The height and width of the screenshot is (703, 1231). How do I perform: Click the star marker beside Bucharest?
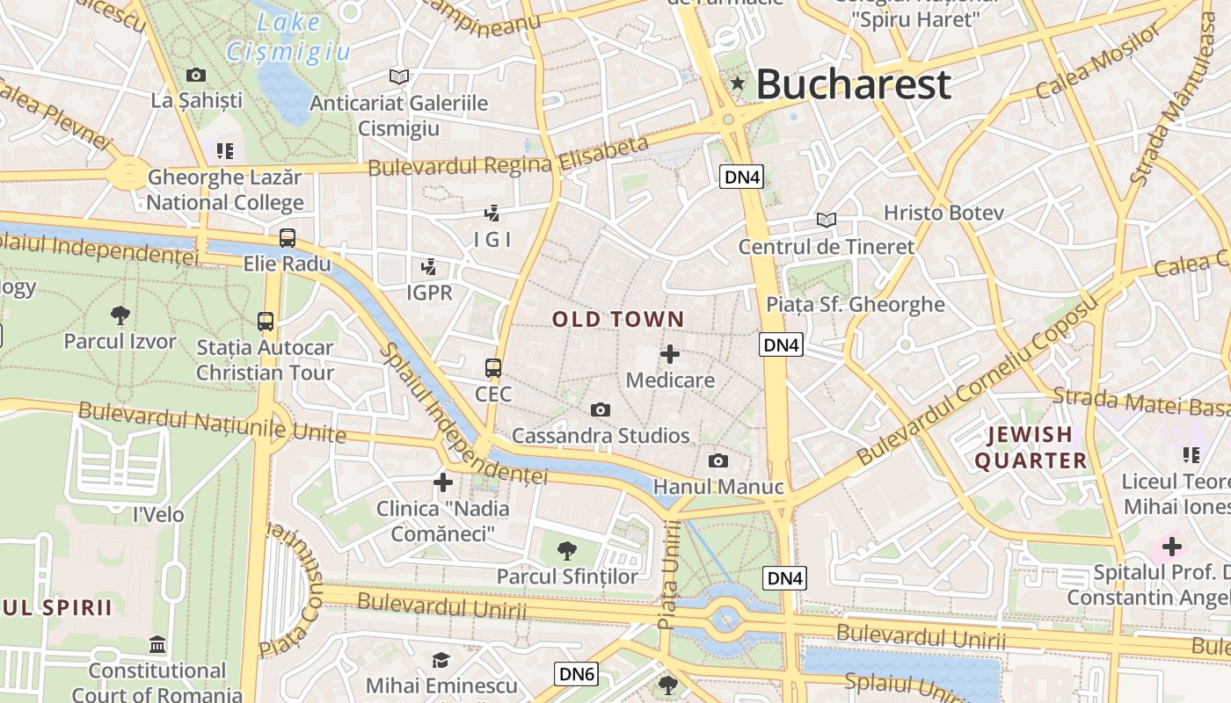pyautogui.click(x=738, y=84)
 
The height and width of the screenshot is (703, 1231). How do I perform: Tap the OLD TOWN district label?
pyautogui.click(x=618, y=319)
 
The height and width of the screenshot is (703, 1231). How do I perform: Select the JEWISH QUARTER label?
pyautogui.click(x=1031, y=447)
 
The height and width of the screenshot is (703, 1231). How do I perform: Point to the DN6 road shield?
pyautogui.click(x=577, y=675)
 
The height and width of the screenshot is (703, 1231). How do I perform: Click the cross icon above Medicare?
pyautogui.click(x=670, y=354)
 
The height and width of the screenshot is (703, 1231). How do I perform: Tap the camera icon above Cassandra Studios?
pyautogui.click(x=601, y=409)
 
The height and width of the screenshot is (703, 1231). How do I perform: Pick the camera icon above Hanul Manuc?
pyautogui.click(x=718, y=461)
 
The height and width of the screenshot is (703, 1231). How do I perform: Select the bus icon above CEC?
pyautogui.click(x=493, y=368)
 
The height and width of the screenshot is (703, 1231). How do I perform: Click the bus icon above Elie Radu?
pyautogui.click(x=288, y=237)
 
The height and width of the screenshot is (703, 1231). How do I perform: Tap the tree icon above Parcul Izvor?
pyautogui.click(x=120, y=315)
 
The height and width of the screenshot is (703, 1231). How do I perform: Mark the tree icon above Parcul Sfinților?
pyautogui.click(x=567, y=551)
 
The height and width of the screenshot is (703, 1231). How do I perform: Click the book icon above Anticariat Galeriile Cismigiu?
pyautogui.click(x=399, y=77)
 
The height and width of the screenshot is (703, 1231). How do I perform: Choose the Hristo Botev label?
pyautogui.click(x=943, y=213)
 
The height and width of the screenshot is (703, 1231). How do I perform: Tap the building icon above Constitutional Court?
pyautogui.click(x=157, y=645)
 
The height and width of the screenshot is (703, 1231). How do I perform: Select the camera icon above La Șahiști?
pyautogui.click(x=196, y=75)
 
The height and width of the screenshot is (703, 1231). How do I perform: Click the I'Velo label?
pyautogui.click(x=158, y=514)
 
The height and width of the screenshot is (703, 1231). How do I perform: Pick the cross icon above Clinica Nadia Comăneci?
pyautogui.click(x=443, y=482)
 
